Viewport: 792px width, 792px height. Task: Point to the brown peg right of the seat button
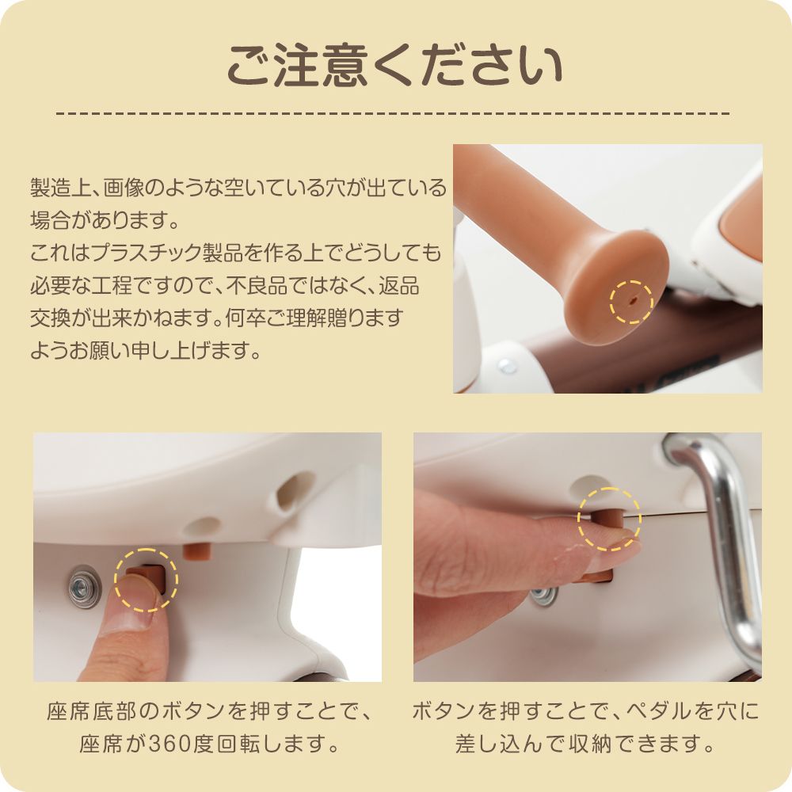point(196,550)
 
